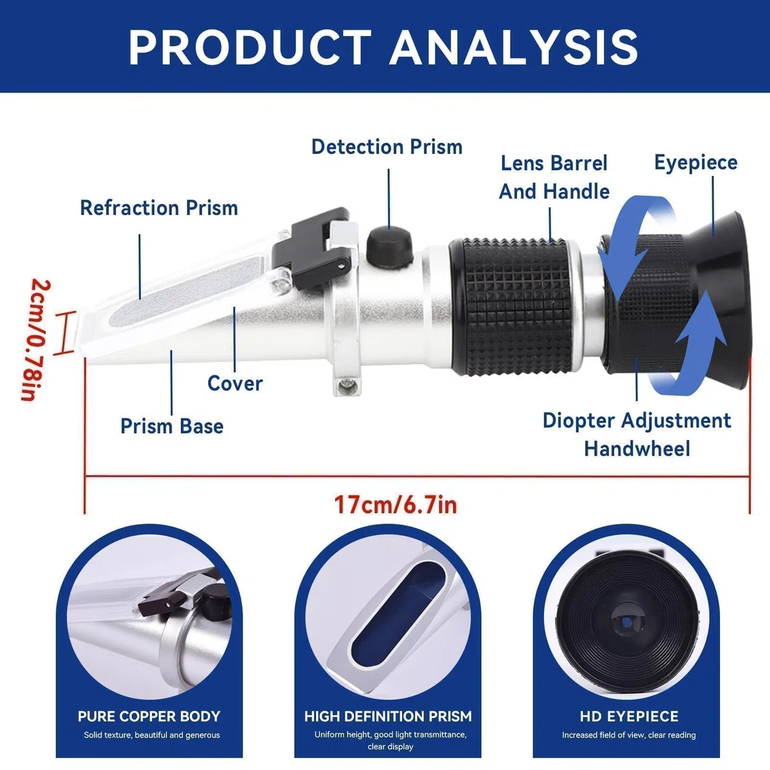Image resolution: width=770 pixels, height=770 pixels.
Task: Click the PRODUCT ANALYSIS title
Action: click(x=383, y=47)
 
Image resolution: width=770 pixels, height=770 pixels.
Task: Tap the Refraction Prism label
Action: click(x=159, y=208)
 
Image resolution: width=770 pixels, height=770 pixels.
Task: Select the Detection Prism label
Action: click(x=387, y=147)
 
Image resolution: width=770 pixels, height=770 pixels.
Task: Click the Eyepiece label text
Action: click(x=696, y=163)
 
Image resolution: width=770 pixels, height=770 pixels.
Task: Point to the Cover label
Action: click(x=235, y=383)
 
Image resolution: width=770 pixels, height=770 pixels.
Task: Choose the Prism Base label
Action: click(x=172, y=426)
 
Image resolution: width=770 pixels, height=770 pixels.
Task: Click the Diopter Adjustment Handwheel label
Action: click(x=637, y=434)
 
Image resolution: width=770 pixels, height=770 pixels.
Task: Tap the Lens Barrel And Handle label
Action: click(x=554, y=177)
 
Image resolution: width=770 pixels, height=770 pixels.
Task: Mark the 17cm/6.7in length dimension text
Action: click(x=396, y=505)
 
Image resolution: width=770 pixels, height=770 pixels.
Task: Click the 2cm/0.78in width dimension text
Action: click(x=35, y=340)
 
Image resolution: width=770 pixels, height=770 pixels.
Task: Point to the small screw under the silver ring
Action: click(x=346, y=385)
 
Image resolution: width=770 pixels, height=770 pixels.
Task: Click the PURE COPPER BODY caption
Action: click(x=149, y=715)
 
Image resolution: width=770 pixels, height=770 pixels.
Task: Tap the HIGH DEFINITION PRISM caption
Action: click(x=388, y=715)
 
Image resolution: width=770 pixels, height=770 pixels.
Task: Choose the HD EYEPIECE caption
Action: click(x=629, y=715)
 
